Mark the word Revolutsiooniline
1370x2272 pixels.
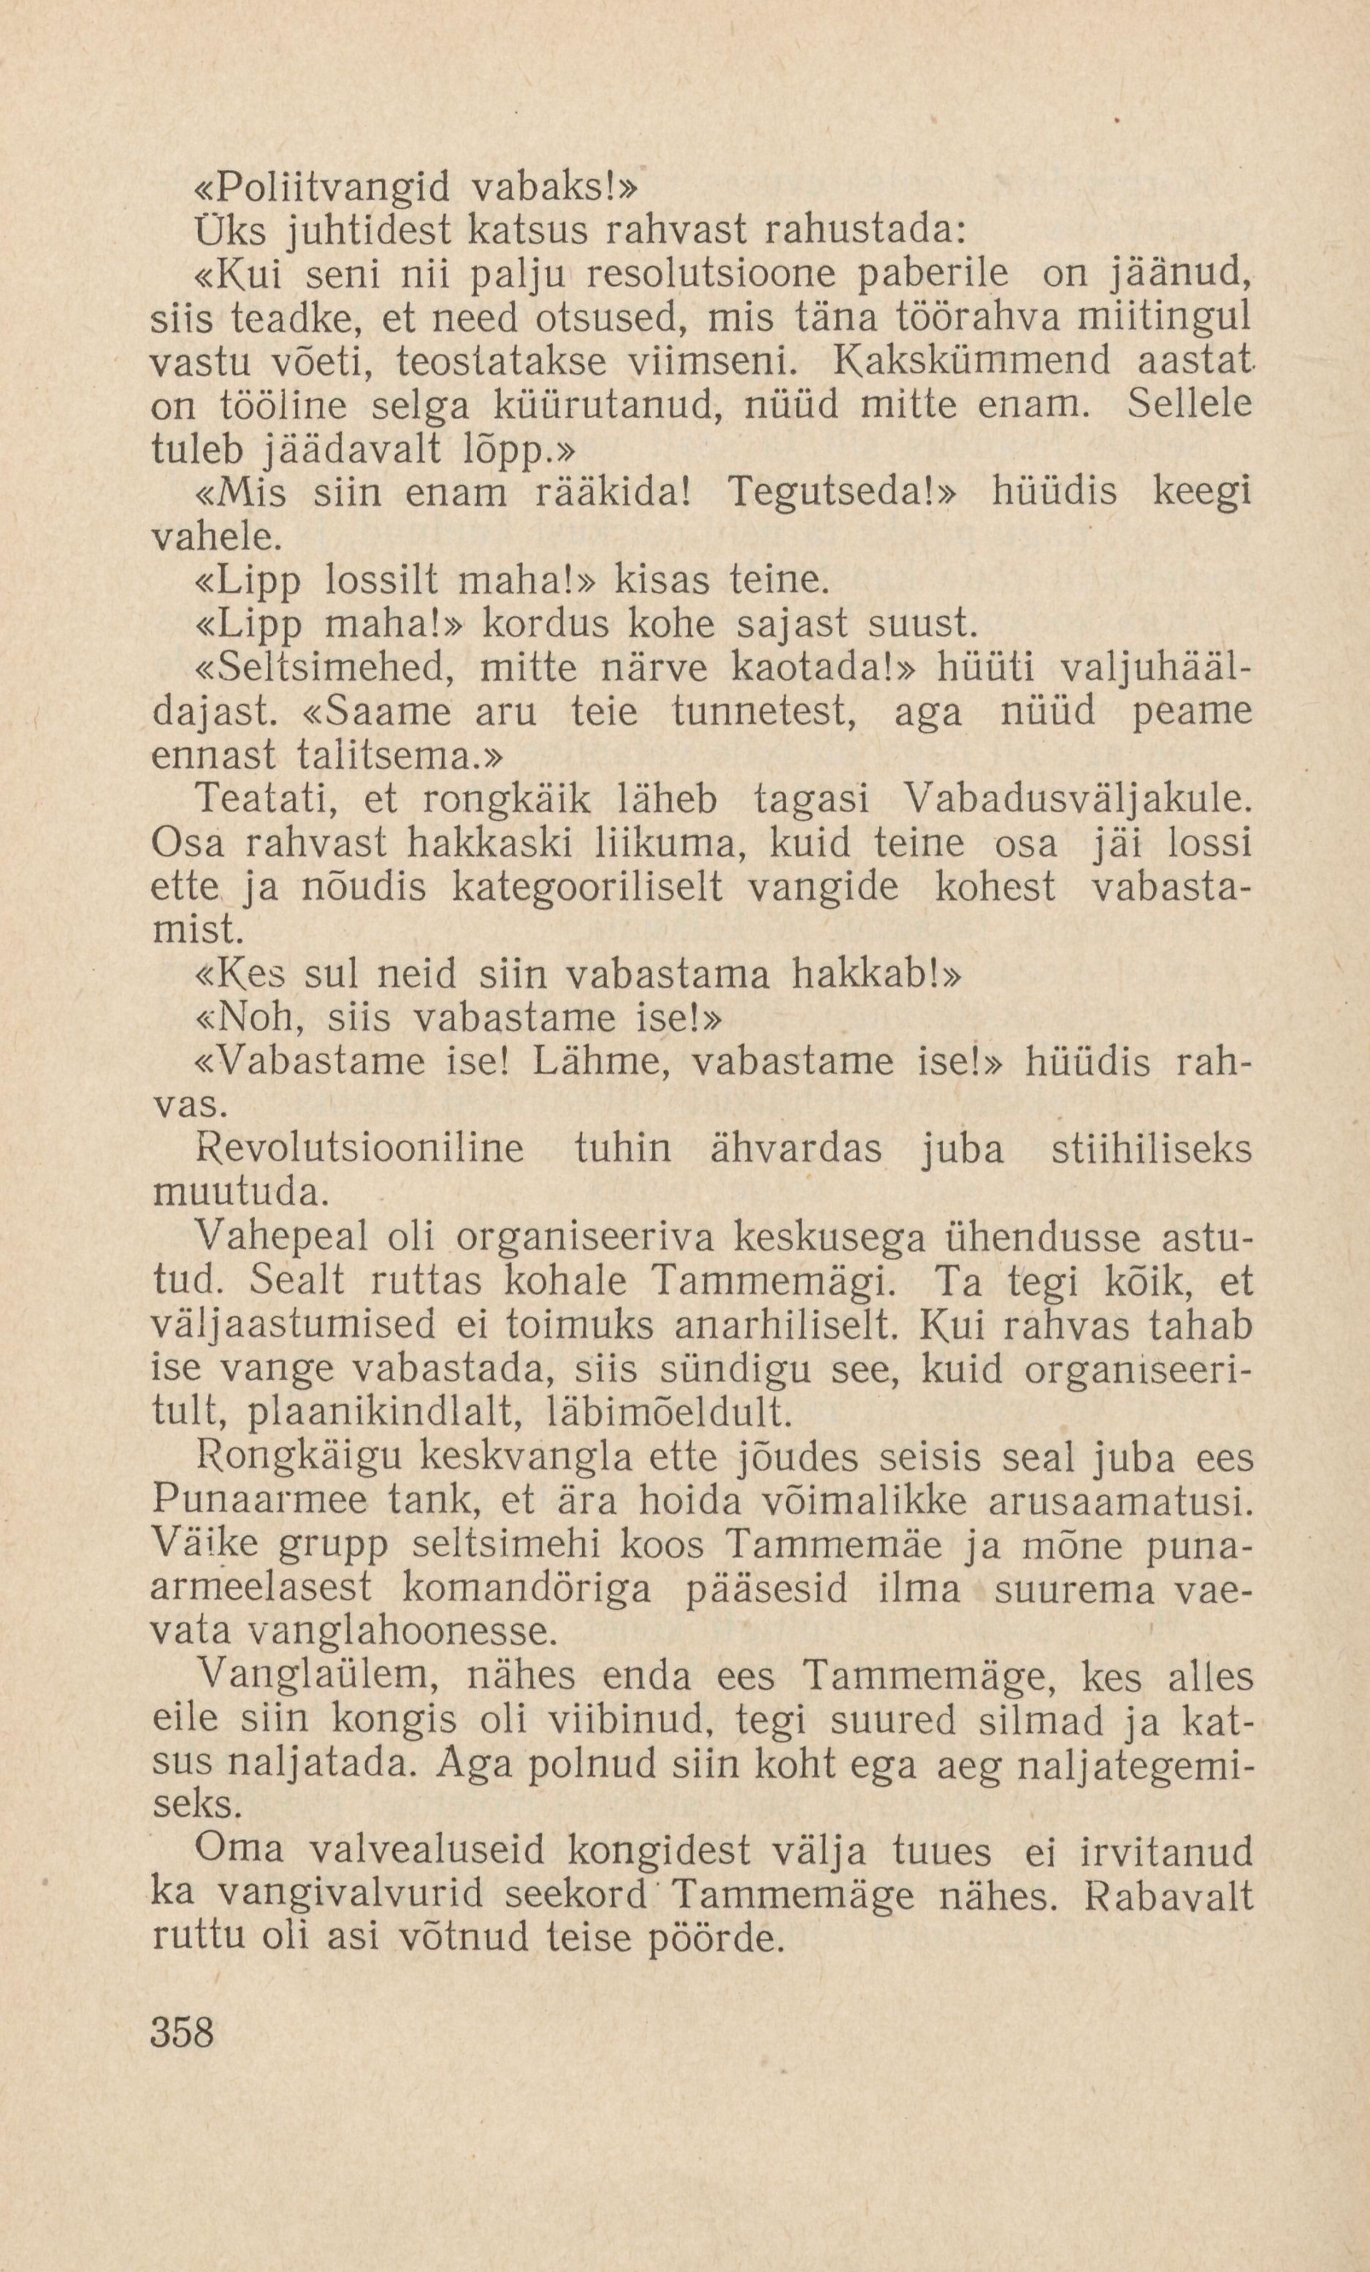361,1150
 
